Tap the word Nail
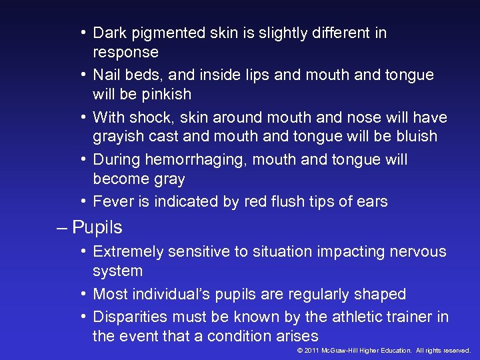pyautogui.click(x=107, y=75)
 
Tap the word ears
pyautogui.click(x=371, y=202)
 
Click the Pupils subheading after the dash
pyautogui.click(x=97, y=228)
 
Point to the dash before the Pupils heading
pyautogui.click(x=63, y=228)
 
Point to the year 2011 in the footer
pyautogui.click(x=311, y=351)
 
